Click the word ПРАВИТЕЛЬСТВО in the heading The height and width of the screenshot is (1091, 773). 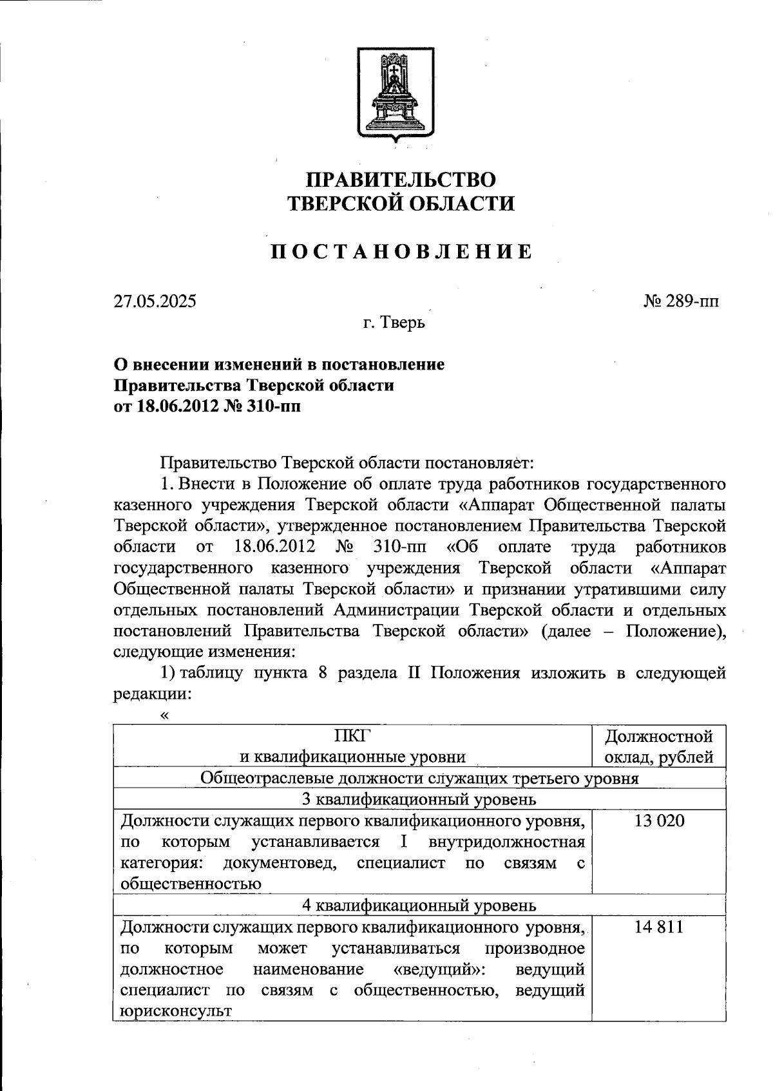click(400, 178)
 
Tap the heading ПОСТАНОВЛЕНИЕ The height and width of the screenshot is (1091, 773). click(400, 252)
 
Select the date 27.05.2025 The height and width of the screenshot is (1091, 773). click(155, 301)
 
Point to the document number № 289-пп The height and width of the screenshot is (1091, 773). click(680, 301)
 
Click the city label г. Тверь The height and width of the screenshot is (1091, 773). click(393, 322)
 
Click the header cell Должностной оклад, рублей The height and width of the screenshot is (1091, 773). click(660, 746)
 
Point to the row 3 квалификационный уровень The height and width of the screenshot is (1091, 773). click(419, 800)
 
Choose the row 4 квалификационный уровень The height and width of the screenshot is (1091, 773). click(419, 906)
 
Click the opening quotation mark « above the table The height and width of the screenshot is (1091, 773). click(165, 714)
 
